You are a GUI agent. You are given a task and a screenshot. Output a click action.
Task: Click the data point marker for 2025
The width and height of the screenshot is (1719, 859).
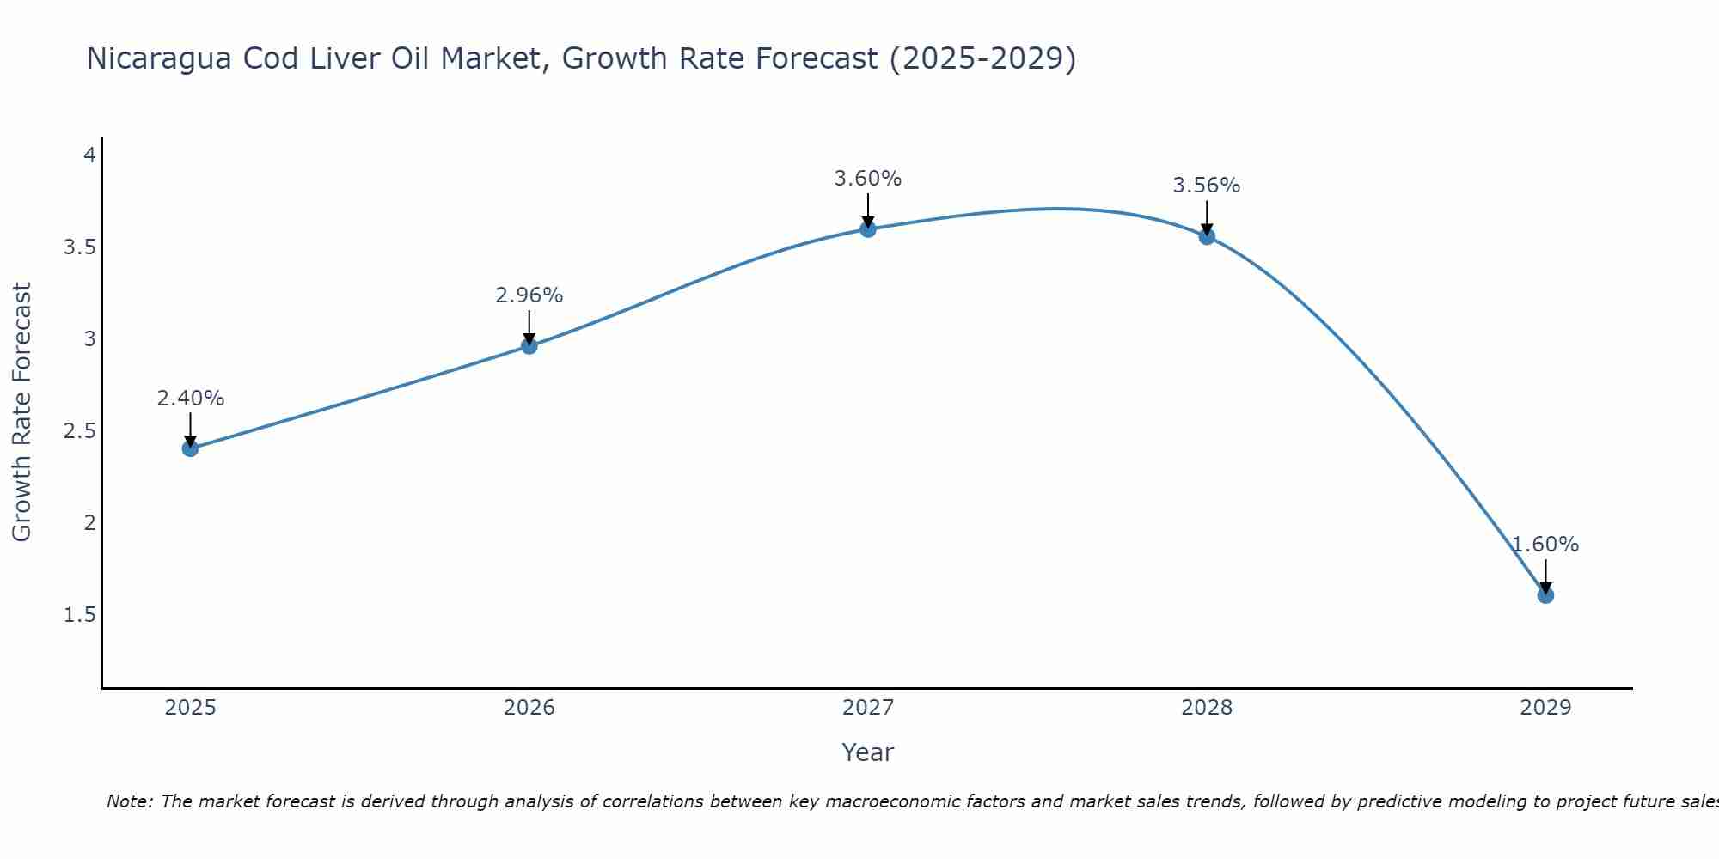click(x=191, y=448)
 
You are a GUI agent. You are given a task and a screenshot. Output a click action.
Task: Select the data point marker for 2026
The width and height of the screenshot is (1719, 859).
click(x=529, y=346)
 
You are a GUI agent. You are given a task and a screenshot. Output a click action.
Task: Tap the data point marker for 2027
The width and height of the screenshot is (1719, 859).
click(x=868, y=228)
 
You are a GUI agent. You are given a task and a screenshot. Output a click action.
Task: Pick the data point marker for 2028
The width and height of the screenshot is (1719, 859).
click(x=1207, y=236)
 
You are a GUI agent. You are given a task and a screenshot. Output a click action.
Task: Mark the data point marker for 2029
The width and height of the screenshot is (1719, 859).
click(x=1545, y=595)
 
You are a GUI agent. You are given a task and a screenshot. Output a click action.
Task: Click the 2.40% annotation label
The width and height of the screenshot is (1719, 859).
click(x=191, y=399)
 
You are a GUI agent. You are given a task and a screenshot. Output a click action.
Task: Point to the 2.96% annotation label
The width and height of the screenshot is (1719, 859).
click(x=529, y=295)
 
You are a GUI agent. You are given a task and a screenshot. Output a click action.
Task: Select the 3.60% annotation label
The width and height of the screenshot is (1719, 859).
click(x=868, y=179)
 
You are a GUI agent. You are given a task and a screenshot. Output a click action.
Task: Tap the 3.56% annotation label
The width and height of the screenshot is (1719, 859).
click(x=1207, y=186)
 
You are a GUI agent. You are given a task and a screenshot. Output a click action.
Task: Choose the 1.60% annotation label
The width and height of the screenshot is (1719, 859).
click(x=1545, y=545)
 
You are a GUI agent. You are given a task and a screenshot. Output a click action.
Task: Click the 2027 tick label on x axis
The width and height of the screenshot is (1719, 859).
click(x=868, y=708)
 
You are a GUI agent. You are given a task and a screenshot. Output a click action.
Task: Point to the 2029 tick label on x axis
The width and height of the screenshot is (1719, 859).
click(x=1545, y=708)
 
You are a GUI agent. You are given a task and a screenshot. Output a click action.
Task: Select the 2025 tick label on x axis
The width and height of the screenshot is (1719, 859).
click(x=191, y=708)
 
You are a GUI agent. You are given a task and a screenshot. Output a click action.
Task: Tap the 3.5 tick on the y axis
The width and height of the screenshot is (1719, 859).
click(x=79, y=247)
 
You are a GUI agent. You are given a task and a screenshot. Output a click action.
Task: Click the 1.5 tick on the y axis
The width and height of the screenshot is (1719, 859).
click(x=79, y=615)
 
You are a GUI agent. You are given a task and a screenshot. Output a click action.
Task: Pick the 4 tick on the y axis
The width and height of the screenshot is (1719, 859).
click(x=89, y=155)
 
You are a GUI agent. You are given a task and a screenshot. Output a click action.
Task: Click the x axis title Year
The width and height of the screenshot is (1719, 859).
click(x=868, y=752)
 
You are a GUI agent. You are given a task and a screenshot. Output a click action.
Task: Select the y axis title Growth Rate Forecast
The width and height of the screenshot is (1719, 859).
click(x=22, y=412)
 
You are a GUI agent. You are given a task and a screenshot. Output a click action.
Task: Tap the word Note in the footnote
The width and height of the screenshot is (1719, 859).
click(x=129, y=801)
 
